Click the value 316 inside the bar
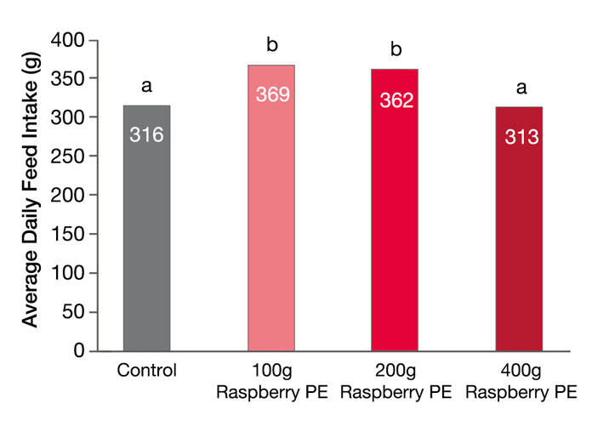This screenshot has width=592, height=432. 146,134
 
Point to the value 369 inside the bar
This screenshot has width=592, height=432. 272,94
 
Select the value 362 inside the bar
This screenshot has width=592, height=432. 396,100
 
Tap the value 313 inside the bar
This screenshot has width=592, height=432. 521,136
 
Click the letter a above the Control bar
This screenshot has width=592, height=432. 146,85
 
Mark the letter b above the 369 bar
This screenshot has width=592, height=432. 272,44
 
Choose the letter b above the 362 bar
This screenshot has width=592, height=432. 396,50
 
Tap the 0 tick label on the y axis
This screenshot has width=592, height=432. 80,350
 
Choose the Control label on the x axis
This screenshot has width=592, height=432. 146,371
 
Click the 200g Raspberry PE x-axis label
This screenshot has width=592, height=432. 396,382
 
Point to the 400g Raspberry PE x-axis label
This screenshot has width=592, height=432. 521,382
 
